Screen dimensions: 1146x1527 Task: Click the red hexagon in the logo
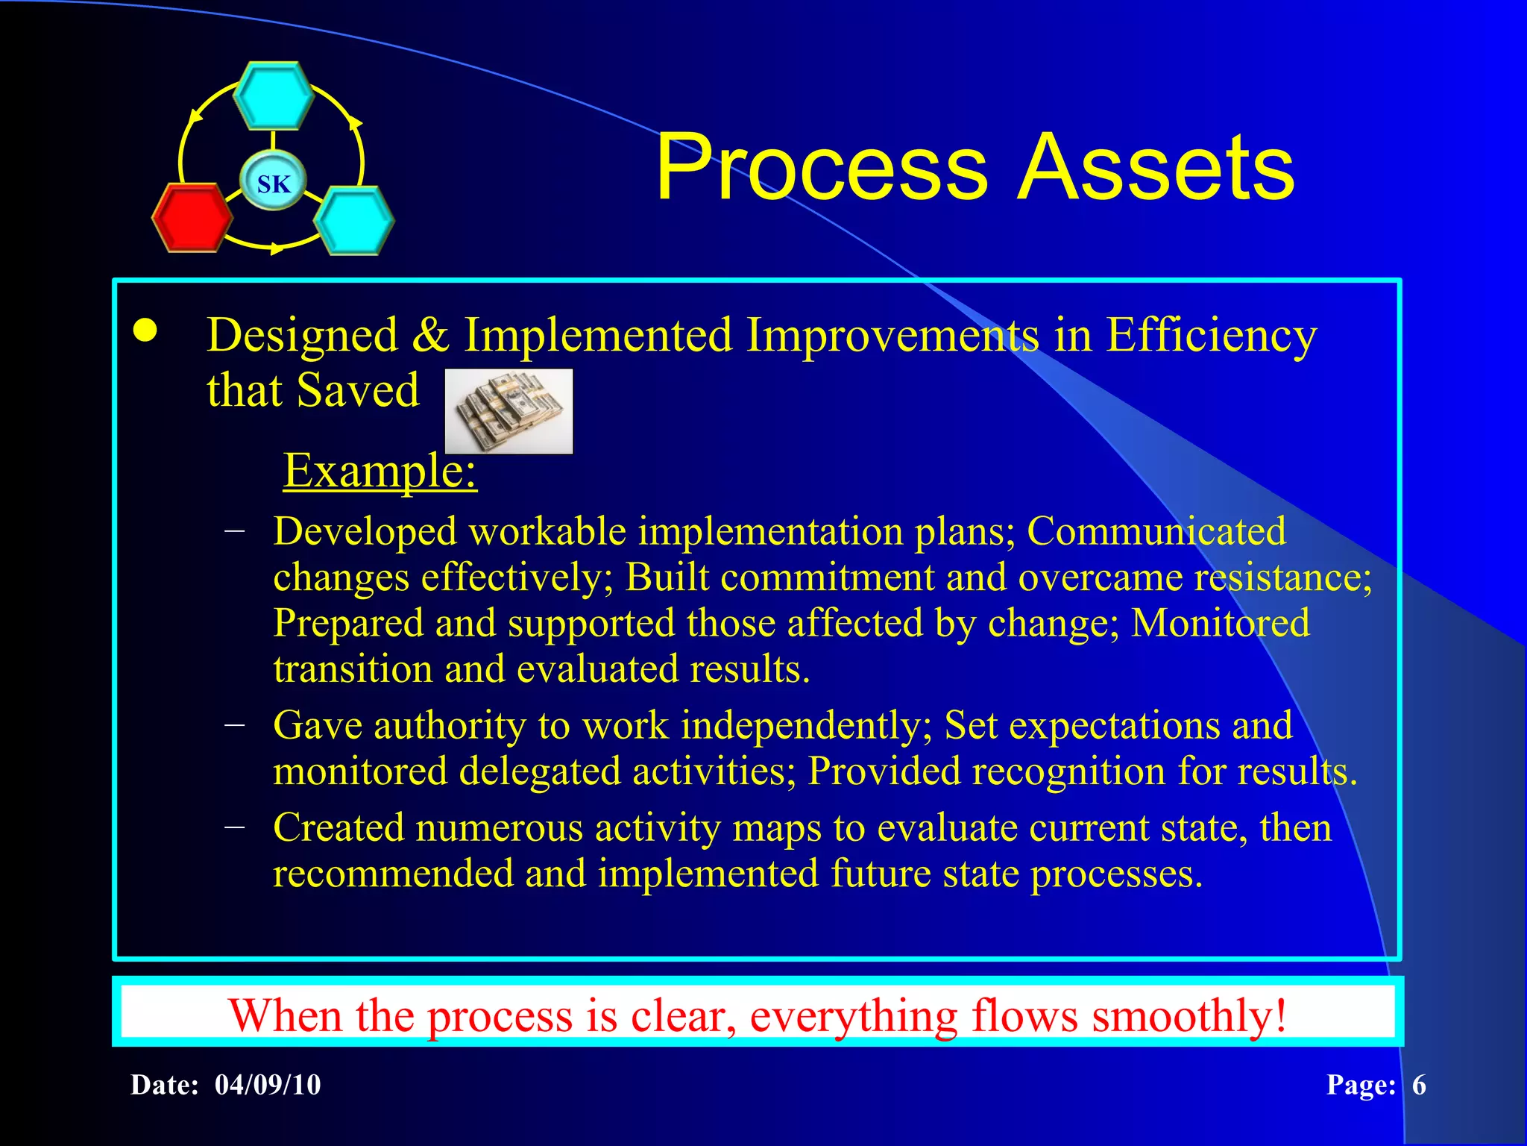pos(192,217)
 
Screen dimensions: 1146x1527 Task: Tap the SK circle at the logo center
pos(274,183)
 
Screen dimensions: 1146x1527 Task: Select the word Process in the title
pos(821,167)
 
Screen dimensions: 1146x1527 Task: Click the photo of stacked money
pos(509,410)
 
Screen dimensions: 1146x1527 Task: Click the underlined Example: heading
pos(380,471)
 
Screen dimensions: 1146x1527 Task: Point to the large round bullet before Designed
pos(145,331)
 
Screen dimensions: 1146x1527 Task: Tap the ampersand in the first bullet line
pos(430,335)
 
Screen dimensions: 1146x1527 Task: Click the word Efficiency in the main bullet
pos(1211,336)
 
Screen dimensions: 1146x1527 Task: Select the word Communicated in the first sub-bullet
pos(1156,531)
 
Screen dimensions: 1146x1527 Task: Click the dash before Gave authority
pos(235,724)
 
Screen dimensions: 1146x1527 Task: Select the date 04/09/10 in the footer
pos(268,1085)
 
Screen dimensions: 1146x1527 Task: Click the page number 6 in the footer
pos(1419,1085)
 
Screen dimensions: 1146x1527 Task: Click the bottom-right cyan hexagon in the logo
pos(353,220)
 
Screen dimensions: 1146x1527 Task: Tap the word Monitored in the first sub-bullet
pos(1220,623)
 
